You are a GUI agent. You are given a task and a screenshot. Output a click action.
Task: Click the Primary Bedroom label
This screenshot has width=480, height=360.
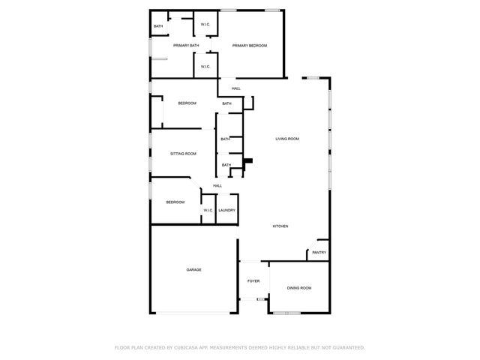[x=250, y=46]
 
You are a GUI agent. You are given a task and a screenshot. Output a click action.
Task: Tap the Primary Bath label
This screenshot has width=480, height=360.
[x=186, y=46]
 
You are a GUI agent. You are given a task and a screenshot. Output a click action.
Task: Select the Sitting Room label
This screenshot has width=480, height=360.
[x=183, y=154]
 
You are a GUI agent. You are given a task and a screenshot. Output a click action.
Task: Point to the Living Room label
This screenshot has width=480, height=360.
[x=287, y=139]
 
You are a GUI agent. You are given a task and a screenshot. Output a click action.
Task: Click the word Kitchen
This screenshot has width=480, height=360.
[x=280, y=226]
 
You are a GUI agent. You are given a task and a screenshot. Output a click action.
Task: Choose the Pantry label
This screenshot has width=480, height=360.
[x=319, y=253]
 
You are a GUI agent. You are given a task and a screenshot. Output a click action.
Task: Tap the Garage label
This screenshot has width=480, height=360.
[x=194, y=269]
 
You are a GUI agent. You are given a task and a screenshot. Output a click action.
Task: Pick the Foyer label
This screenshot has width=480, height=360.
[x=253, y=281]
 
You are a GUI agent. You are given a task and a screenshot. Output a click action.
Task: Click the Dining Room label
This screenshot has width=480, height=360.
[x=299, y=288]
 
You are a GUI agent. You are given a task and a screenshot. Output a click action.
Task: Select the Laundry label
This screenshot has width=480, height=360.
[x=226, y=210]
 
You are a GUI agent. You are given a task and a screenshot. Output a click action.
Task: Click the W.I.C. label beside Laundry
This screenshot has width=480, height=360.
[x=208, y=210]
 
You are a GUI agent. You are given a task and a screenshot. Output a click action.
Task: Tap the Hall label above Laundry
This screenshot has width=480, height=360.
[x=217, y=186]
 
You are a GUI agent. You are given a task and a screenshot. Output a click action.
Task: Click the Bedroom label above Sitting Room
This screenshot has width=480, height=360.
[x=187, y=103]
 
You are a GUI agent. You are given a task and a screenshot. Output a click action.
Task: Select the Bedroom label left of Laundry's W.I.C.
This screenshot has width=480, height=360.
[x=175, y=202]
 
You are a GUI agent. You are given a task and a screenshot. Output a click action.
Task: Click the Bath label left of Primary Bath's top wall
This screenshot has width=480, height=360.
[x=158, y=26]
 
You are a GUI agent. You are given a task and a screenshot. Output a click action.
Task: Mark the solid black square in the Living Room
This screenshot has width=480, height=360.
[x=250, y=159]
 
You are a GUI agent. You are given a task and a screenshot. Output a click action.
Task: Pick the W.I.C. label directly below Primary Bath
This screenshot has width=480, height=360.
[x=205, y=66]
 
